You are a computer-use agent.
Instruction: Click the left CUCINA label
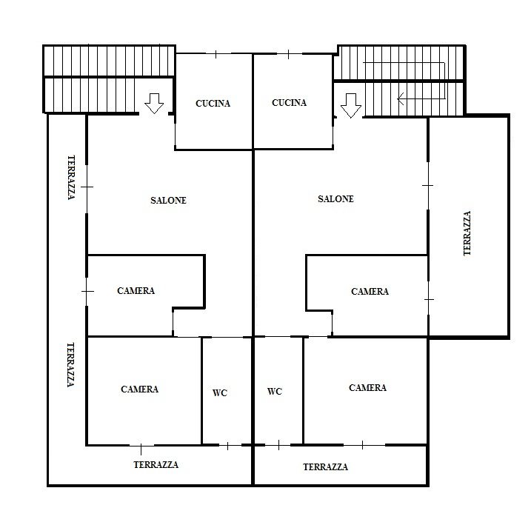point(213,104)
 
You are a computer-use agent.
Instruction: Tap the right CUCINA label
point(290,103)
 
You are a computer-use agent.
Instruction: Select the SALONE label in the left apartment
point(168,201)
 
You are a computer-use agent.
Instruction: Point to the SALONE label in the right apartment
point(335,199)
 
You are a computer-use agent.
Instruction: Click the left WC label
point(220,393)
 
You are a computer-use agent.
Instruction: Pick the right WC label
point(275,392)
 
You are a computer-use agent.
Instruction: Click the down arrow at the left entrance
point(154,104)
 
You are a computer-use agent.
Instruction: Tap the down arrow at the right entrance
point(351,106)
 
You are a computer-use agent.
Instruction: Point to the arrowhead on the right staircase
point(401,98)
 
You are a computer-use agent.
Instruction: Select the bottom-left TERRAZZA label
point(156,465)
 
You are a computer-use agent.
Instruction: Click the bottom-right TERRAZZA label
point(325,467)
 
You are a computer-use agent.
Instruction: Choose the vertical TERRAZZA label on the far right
point(467,233)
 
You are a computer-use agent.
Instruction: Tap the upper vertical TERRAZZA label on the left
point(71,178)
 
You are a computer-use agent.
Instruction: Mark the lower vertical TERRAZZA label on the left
point(70,365)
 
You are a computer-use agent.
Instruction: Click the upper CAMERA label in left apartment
point(136,291)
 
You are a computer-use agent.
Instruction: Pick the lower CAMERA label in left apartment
point(139,389)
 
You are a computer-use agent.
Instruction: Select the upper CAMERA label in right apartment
point(370,292)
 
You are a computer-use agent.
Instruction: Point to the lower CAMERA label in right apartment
point(367,388)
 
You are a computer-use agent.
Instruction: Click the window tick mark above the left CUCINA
point(216,54)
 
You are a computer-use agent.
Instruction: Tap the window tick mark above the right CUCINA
point(288,54)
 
